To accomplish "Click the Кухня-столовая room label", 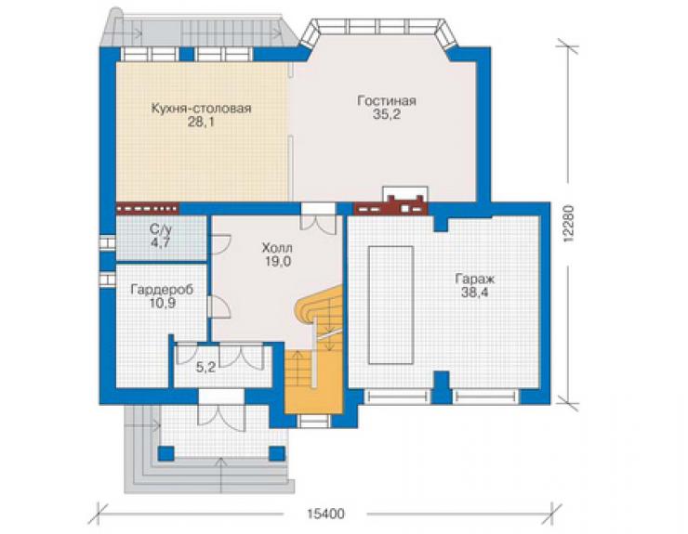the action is tap(201, 109).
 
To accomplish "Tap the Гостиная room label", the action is tap(387, 101).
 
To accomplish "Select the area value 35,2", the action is tap(387, 115).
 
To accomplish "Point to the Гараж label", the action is tap(475, 279).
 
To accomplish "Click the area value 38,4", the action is tap(475, 293).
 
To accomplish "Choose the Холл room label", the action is tap(277, 248).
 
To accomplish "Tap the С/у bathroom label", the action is tap(160, 228).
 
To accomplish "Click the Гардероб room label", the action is tap(162, 290).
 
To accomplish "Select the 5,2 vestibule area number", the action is tap(205, 368).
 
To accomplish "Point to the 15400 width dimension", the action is tap(325, 514).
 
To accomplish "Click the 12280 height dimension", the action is tap(569, 224).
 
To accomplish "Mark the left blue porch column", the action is tap(165, 453).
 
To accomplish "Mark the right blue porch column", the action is tap(277, 453).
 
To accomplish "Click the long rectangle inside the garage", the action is tap(390, 305).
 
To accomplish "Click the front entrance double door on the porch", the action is tap(221, 417).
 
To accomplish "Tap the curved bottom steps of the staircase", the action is tap(318, 303).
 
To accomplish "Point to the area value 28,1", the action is tap(201, 123).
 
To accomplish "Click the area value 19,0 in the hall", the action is tap(277, 262).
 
